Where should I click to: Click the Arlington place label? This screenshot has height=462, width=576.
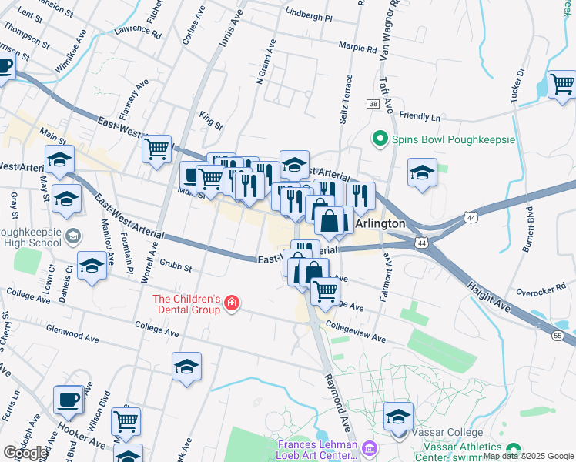click(380, 223)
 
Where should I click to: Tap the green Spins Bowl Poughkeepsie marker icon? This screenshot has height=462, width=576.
click(379, 139)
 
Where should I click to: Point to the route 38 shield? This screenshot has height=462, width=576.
click(373, 103)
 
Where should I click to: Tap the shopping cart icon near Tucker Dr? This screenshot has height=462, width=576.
click(562, 83)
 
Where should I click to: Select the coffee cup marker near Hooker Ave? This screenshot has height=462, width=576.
click(68, 400)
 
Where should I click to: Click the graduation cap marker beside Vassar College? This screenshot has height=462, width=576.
click(398, 418)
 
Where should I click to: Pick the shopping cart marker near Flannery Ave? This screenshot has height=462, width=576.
click(157, 148)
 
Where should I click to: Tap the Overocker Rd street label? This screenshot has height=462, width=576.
click(541, 293)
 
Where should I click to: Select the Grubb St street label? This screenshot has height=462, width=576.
click(176, 267)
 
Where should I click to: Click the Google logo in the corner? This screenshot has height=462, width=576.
click(25, 453)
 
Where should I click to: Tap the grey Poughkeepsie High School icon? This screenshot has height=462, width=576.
click(73, 235)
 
